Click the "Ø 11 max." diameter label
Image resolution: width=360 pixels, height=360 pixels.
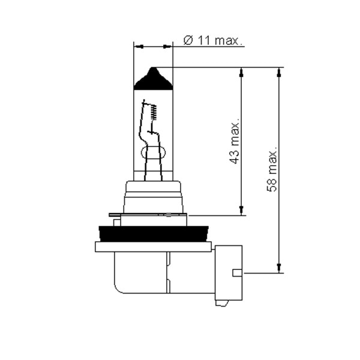click(212, 41)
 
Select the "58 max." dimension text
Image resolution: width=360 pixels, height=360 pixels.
click(272, 168)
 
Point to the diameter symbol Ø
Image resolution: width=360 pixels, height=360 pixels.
click(187, 41)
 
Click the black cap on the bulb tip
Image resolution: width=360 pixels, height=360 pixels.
click(153, 80)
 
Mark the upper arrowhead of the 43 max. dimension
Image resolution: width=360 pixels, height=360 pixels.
click(241, 72)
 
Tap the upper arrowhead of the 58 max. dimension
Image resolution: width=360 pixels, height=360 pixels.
click(279, 72)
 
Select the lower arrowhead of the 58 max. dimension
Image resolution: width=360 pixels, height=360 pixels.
click(279, 268)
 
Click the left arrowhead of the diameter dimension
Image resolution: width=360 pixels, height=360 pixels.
click(137, 46)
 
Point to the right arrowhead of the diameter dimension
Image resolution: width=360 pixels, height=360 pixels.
click(169, 46)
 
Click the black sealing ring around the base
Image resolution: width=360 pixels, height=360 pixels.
click(152, 233)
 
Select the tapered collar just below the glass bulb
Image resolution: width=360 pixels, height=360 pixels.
click(152, 195)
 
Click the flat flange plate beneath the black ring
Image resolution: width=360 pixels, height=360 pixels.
click(152, 247)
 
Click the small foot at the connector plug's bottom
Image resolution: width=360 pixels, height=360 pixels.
click(223, 302)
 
